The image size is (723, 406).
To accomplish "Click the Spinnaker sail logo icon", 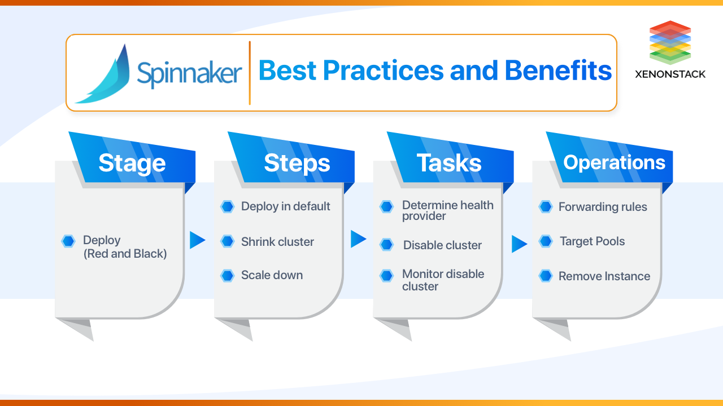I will (104, 76).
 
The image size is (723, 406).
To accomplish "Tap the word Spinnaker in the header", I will (189, 73).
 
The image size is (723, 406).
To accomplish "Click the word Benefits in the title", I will (558, 70).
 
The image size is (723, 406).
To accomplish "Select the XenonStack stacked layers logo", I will (670, 42).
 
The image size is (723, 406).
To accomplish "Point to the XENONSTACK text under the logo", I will (670, 74).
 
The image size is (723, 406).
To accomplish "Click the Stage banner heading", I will (132, 163).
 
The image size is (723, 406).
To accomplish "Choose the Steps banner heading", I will (297, 163).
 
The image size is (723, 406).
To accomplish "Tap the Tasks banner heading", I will (449, 163).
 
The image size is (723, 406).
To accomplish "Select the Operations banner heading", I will (614, 162).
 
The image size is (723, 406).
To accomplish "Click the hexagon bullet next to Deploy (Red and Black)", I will (68, 241).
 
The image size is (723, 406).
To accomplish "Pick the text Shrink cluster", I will (277, 242).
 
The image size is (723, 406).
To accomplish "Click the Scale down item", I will (272, 275).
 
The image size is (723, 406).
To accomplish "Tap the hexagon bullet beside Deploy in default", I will (227, 207).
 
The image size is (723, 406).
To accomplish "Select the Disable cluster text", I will (442, 245).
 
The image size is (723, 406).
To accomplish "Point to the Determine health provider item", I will (447, 210).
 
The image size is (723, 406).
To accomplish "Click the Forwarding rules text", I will (603, 207).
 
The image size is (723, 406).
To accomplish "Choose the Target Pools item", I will (592, 241).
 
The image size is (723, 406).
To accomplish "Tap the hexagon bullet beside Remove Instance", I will (546, 276).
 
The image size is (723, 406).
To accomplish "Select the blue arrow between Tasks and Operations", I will (519, 244).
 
